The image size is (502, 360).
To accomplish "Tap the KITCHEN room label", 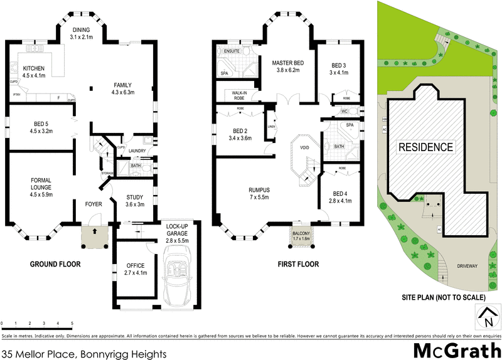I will tap(35, 68).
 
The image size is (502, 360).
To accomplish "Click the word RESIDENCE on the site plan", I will tap(425, 147).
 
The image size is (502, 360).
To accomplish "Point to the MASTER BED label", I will tap(288, 63).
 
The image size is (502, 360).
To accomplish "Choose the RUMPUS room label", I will tap(259, 190).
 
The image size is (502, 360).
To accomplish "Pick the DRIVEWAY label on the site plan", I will tap(467, 266).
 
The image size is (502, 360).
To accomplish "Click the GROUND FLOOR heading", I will tap(55, 264).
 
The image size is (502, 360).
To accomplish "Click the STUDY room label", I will tap(136, 197).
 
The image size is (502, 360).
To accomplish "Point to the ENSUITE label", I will tap(225, 50).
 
